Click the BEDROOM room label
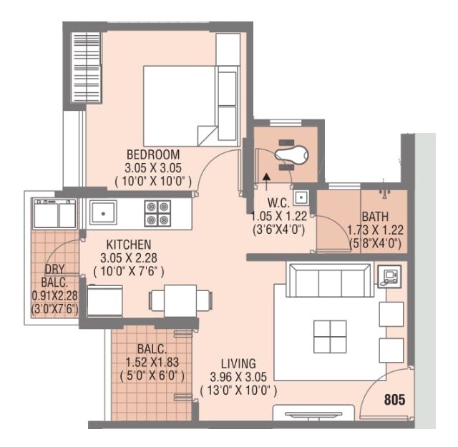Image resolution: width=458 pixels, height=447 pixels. click(153, 154)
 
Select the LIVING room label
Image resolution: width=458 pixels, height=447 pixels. click(238, 363)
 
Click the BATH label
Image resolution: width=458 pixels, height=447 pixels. click(376, 216)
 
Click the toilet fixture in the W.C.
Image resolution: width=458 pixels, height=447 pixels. click(293, 152)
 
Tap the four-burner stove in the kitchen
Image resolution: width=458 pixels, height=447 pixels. click(158, 212)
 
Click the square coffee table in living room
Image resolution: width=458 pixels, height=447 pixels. click(330, 335)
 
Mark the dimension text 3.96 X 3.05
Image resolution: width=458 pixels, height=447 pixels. click(238, 377)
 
